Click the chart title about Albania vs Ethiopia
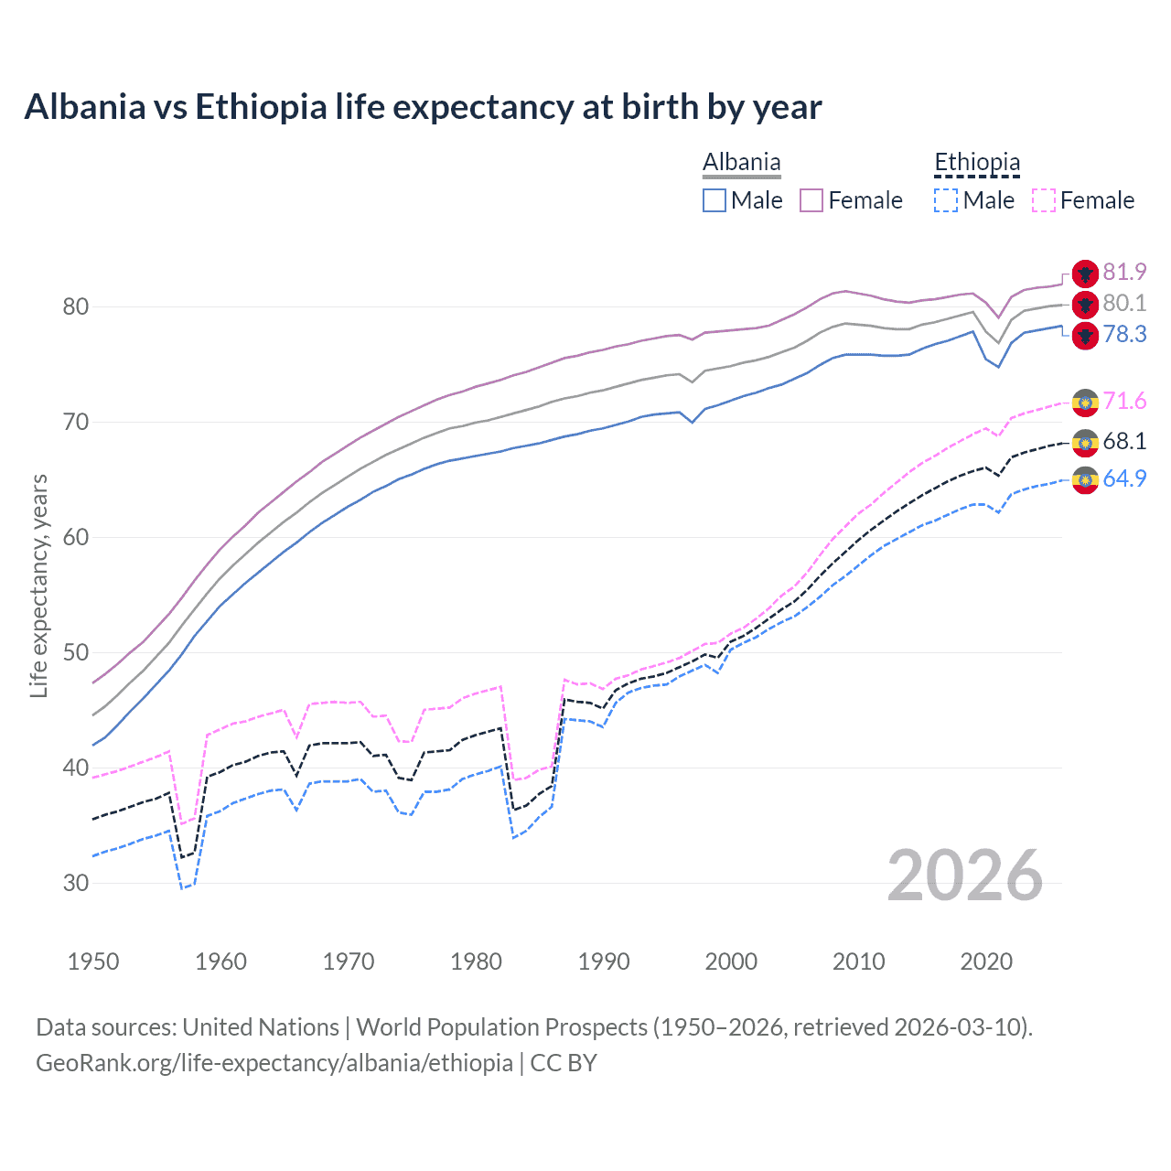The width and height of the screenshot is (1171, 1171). click(423, 107)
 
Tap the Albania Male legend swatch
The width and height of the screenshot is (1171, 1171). click(714, 200)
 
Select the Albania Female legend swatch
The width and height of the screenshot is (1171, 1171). click(811, 200)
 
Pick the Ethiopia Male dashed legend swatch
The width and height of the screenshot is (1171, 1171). click(946, 200)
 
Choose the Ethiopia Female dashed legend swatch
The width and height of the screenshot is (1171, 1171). click(1043, 200)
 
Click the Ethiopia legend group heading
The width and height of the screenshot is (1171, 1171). click(976, 163)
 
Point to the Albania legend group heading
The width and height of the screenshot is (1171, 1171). click(741, 163)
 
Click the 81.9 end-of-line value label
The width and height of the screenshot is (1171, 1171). click(1124, 272)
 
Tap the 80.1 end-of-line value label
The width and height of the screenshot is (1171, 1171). click(1124, 303)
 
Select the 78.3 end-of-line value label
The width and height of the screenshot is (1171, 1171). click(1124, 334)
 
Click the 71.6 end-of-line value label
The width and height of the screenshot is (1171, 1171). click(1124, 401)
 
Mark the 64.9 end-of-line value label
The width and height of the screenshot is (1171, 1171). click(1124, 478)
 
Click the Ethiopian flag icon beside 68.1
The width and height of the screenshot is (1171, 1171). click(1085, 443)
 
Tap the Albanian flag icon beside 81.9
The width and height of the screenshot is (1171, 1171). click(1085, 273)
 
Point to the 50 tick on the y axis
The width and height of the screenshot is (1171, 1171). click(76, 652)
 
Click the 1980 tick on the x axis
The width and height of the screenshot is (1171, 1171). click(476, 962)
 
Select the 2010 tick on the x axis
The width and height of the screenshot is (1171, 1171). click(858, 962)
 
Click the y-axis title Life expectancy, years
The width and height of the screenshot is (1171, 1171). click(39, 585)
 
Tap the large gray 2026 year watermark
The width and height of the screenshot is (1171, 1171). click(964, 876)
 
